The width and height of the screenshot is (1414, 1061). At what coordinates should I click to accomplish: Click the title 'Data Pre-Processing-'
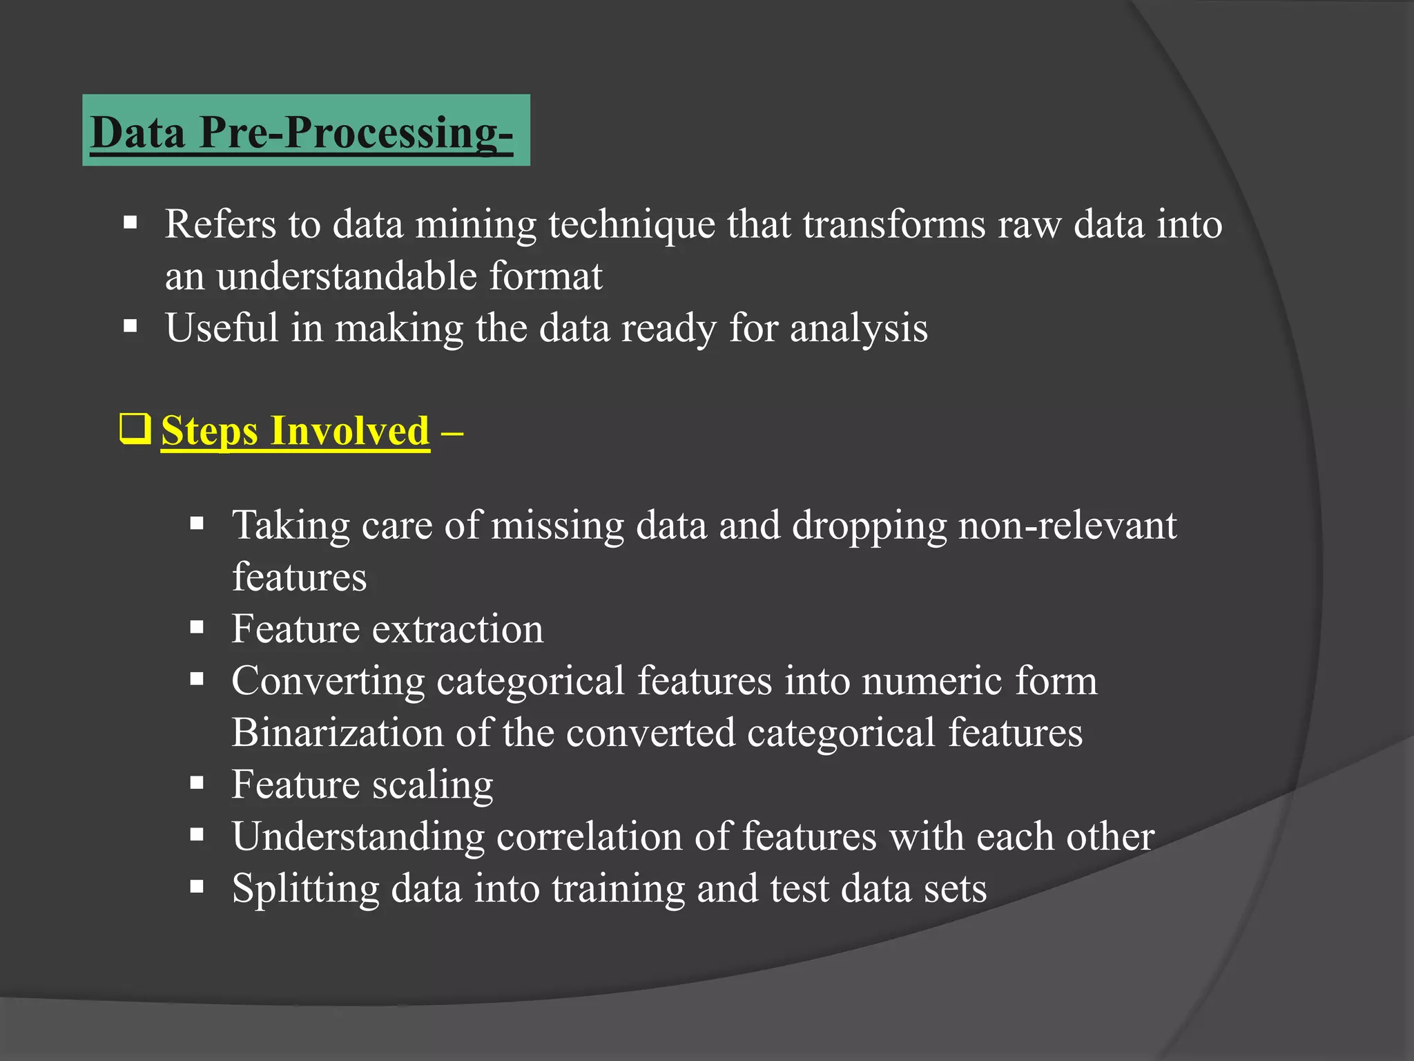pyautogui.click(x=302, y=132)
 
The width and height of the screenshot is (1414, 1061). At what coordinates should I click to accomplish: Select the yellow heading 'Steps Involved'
pyautogui.click(x=295, y=431)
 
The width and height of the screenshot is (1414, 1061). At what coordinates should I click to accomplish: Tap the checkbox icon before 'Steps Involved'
pyautogui.click(x=135, y=429)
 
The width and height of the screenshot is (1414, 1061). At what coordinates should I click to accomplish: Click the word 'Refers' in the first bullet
pyautogui.click(x=220, y=224)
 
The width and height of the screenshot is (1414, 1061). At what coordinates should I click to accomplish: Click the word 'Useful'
pyautogui.click(x=221, y=327)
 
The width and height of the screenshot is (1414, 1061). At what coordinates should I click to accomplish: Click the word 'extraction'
pyautogui.click(x=458, y=629)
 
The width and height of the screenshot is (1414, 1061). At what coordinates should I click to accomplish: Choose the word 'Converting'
pyautogui.click(x=327, y=682)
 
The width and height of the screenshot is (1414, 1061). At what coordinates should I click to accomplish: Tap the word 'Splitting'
pyautogui.click(x=305, y=889)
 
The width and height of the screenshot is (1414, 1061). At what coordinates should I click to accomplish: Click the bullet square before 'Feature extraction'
pyautogui.click(x=197, y=628)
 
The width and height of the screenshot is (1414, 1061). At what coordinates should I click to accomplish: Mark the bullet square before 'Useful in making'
pyautogui.click(x=130, y=326)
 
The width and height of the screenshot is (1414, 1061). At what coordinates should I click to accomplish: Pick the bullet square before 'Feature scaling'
pyautogui.click(x=197, y=783)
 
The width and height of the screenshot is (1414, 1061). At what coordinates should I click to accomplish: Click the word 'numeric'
pyautogui.click(x=932, y=681)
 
